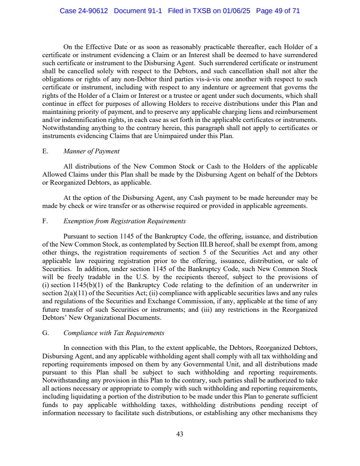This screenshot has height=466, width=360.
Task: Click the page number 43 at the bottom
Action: tap(180, 434)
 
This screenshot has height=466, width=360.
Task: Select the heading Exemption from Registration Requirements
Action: tap(124, 221)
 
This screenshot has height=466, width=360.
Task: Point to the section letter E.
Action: tap(45, 151)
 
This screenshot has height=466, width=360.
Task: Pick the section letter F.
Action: tap(45, 221)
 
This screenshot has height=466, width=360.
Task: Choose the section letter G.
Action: tap(45, 333)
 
